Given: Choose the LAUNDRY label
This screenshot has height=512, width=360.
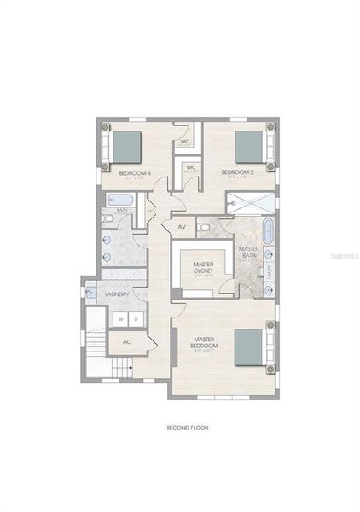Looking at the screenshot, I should (x=116, y=294).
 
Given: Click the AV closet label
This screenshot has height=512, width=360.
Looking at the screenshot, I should (x=181, y=228).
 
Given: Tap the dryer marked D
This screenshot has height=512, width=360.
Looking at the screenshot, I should (x=136, y=320).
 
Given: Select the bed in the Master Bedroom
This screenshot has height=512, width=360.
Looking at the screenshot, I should (x=251, y=347).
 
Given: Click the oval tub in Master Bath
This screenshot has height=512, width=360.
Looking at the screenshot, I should (x=267, y=232).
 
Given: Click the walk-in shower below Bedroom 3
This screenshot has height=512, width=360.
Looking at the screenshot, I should (x=251, y=202).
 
